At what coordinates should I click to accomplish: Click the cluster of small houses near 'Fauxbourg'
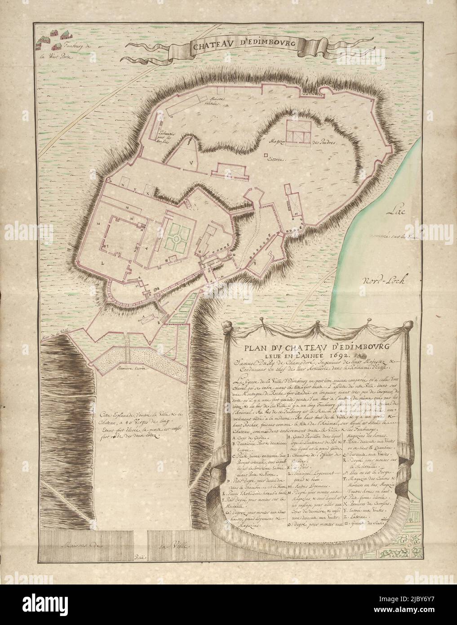(x=52, y=40)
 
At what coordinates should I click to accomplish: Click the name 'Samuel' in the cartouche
(x=246, y=362)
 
